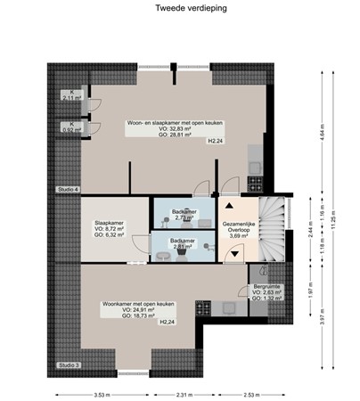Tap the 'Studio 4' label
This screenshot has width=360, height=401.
[x=69, y=190]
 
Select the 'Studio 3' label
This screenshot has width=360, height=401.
[x=69, y=365]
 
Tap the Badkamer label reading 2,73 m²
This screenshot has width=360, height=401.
[x=184, y=214]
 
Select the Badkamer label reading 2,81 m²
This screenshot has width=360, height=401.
[x=184, y=244]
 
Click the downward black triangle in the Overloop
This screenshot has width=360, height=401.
[x=234, y=253]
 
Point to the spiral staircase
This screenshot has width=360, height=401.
[x=272, y=225]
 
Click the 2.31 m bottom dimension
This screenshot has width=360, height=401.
[x=184, y=394]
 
